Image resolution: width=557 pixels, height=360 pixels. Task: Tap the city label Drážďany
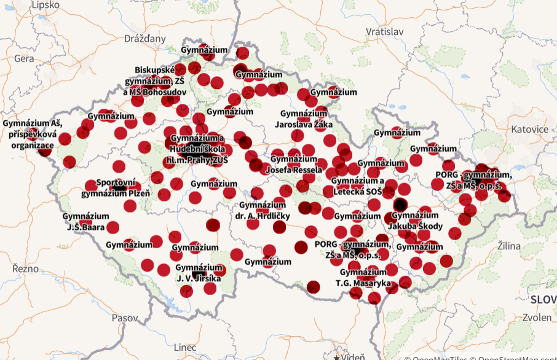click(145, 39)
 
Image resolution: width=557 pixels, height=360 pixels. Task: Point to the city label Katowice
click(529, 129)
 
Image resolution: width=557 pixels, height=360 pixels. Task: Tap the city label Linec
click(185, 348)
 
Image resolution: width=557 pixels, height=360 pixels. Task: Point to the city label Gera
click(23, 58)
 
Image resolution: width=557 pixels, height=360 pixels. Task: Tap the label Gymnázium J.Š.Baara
click(86, 221)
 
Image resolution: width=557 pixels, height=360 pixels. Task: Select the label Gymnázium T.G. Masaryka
click(363, 278)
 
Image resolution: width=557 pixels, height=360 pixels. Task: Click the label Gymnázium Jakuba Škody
click(416, 221)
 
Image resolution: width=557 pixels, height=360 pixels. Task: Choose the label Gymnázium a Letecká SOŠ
click(358, 186)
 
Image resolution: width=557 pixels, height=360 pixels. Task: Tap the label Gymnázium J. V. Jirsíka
click(199, 272)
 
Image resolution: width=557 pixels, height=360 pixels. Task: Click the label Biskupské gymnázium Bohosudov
click(156, 80)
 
